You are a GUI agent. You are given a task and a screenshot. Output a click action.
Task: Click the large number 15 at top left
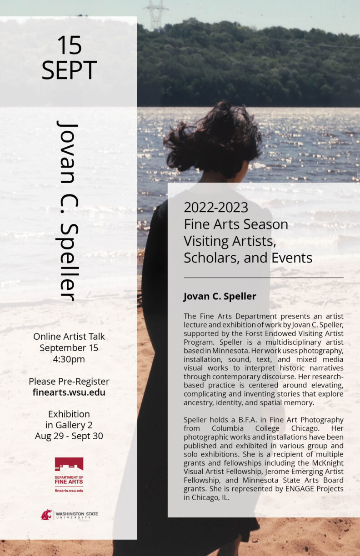point(69,45)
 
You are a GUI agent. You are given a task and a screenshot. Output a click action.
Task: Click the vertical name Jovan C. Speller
point(68,210)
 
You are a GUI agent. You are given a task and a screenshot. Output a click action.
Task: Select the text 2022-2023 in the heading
point(216,208)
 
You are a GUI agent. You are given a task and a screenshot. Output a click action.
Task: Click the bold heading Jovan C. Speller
point(220,297)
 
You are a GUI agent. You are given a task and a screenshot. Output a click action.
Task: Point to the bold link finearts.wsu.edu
point(69,392)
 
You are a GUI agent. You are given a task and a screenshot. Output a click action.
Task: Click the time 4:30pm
point(69,359)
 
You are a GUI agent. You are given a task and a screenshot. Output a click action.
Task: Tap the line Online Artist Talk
point(69,337)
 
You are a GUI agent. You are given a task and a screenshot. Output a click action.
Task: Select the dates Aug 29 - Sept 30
point(69,436)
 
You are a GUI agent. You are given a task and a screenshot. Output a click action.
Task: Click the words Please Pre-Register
point(69,381)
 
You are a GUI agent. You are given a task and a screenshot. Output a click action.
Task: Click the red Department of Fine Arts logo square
point(69,464)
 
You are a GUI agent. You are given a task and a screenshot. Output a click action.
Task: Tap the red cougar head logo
point(46,515)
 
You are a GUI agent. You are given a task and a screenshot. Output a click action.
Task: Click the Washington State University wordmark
point(76,515)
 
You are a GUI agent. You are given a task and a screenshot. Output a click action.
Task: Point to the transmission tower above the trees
point(155,14)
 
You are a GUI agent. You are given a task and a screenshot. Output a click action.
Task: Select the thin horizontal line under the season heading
point(264,278)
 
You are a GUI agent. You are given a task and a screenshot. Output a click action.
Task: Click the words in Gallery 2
point(69,425)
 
